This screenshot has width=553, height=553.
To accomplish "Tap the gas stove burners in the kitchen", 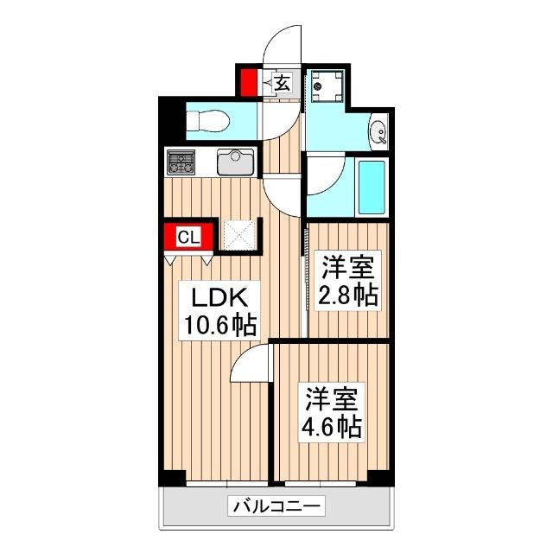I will pyautogui.click(x=181, y=161).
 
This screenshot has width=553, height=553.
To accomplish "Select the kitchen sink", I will pyautogui.click(x=234, y=162).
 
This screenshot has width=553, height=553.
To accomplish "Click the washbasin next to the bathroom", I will pyautogui.click(x=378, y=133).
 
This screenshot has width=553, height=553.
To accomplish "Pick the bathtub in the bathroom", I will pyautogui.click(x=372, y=186).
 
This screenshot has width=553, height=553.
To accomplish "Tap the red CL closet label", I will pyautogui.click(x=190, y=236).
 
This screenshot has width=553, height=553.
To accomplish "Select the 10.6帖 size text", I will pyautogui.click(x=219, y=326).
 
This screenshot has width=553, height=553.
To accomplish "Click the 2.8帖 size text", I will pyautogui.click(x=349, y=295).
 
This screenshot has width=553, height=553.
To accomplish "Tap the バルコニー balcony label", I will pyautogui.click(x=276, y=506).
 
